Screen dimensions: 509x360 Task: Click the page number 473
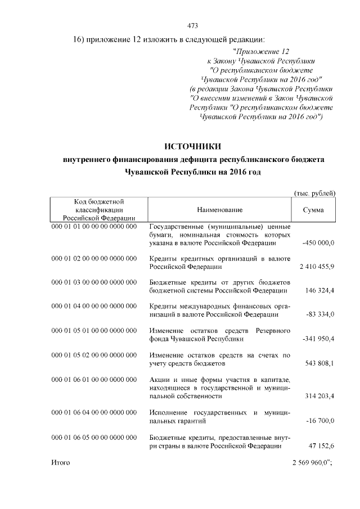tap(191, 25)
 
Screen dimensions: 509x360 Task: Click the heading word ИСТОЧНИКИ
tap(193, 147)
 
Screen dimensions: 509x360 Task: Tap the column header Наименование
tap(219, 210)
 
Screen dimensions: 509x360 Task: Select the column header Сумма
tap(313, 210)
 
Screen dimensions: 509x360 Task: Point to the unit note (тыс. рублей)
tap(315, 193)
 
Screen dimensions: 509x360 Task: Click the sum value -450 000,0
tap(318, 243)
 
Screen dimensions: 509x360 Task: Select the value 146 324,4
tap(321, 291)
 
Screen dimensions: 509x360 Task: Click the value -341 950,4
tap(318, 340)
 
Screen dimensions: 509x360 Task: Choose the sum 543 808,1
tap(321, 364)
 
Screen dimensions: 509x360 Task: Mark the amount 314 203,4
tap(321, 397)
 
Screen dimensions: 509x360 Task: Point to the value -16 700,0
tap(319, 421)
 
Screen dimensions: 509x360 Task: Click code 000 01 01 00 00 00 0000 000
tap(94, 226)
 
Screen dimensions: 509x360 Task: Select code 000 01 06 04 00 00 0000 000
tap(94, 412)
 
